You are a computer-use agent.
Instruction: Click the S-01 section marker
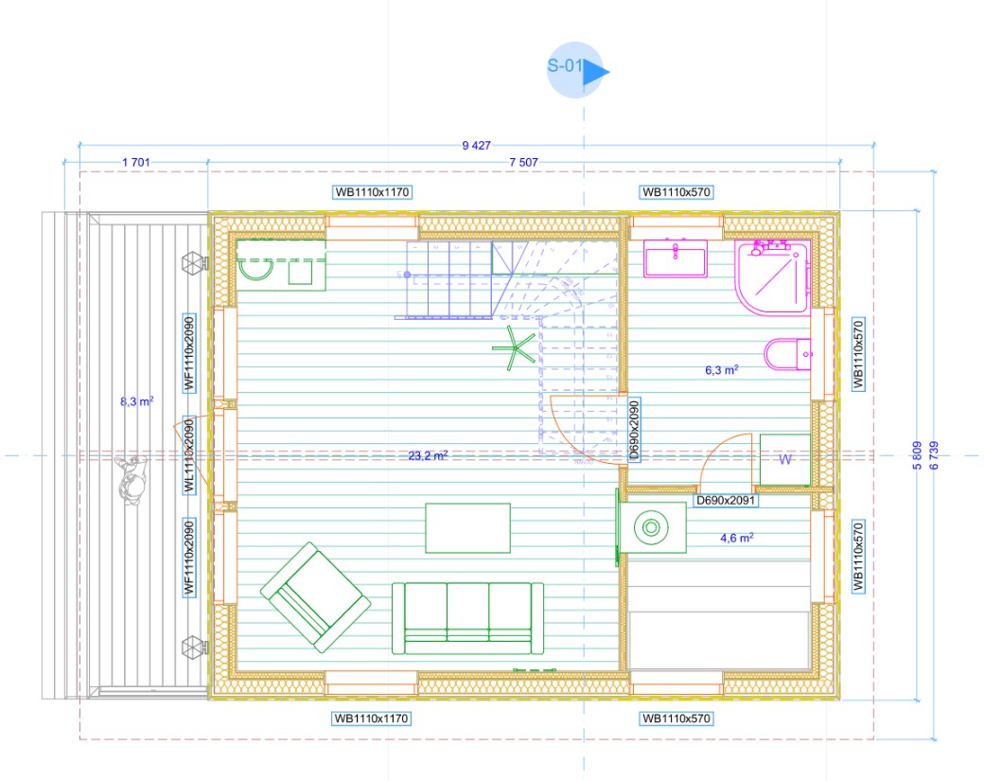click(575, 70)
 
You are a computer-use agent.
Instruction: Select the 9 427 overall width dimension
click(476, 146)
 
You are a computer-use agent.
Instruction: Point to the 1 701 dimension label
click(136, 163)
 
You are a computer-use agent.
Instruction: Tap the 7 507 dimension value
click(523, 163)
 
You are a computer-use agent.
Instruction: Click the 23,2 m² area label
click(428, 455)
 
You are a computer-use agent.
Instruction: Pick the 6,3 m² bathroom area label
click(721, 370)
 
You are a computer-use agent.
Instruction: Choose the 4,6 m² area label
click(737, 538)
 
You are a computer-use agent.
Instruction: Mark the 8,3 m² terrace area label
click(137, 401)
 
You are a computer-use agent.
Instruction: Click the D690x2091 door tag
click(726, 501)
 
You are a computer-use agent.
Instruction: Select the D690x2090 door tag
click(633, 430)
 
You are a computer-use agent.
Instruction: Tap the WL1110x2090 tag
click(189, 455)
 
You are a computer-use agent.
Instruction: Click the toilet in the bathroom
click(787, 354)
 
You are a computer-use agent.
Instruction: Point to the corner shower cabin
click(773, 276)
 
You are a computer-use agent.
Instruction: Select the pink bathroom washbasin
click(676, 258)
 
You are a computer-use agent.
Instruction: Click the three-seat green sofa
click(467, 618)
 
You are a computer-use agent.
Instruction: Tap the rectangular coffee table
click(467, 528)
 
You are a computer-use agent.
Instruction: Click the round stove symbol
click(651, 527)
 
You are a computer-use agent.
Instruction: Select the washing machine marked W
click(785, 459)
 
